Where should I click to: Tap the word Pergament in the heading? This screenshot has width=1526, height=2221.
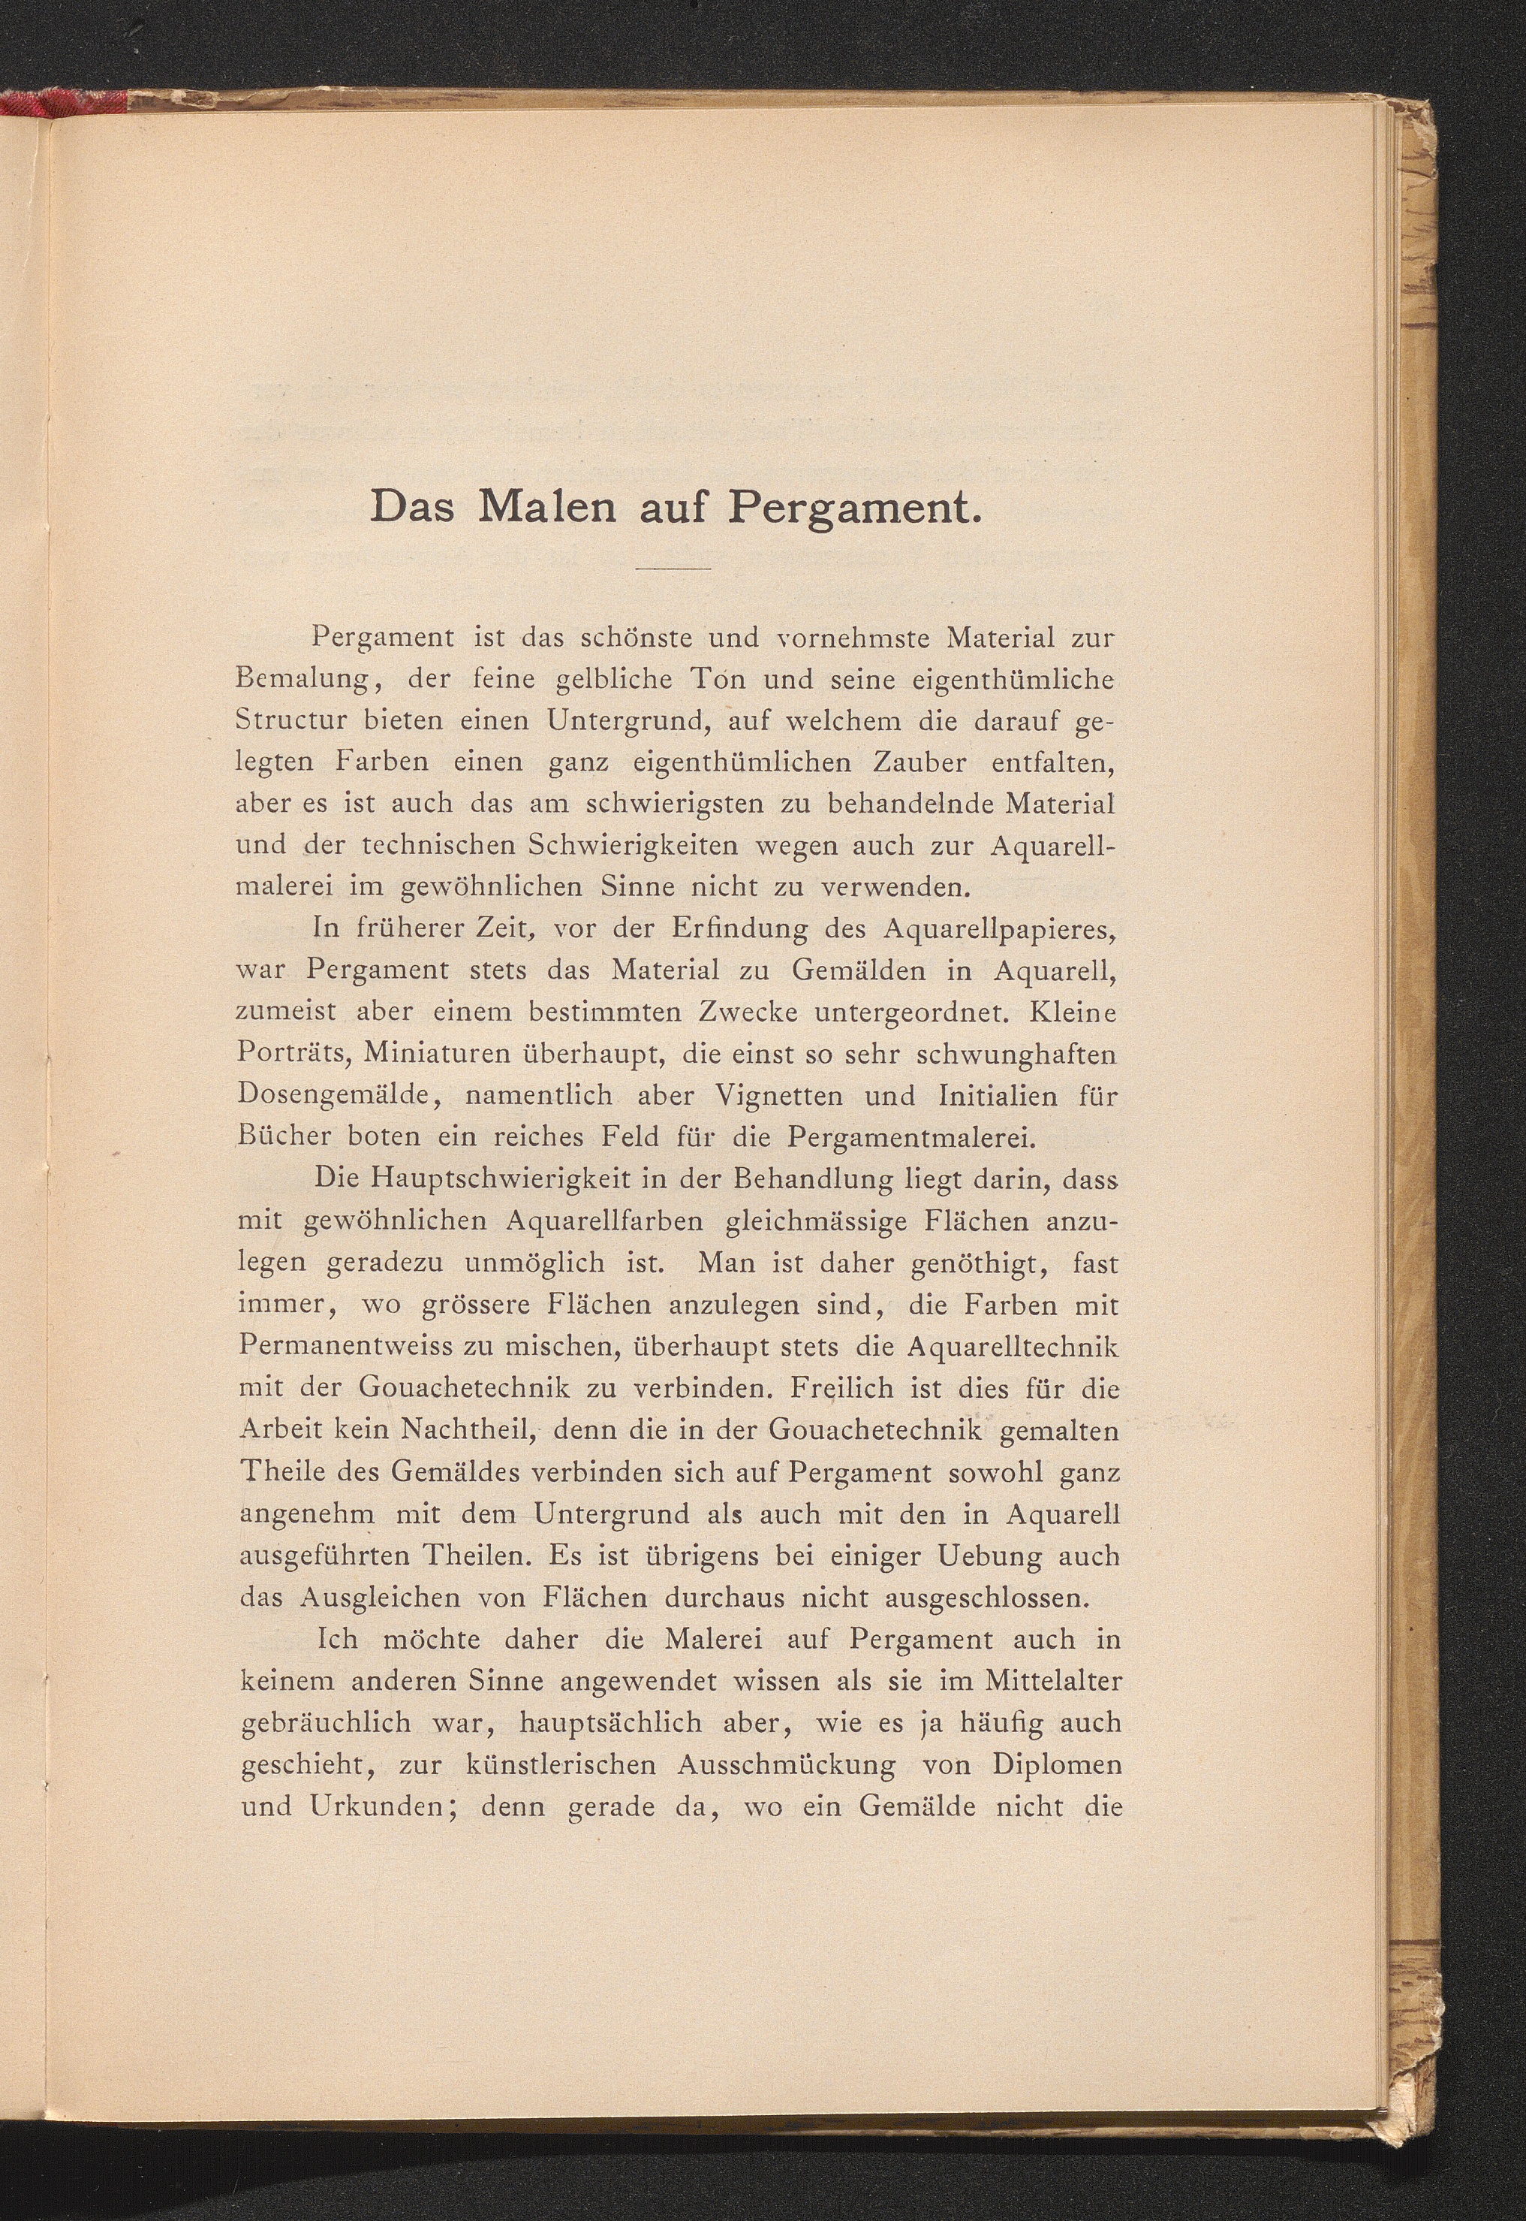tap(855, 508)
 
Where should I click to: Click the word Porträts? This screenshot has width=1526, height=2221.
tap(293, 1054)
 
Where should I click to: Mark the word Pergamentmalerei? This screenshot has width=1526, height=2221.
tap(914, 1137)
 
